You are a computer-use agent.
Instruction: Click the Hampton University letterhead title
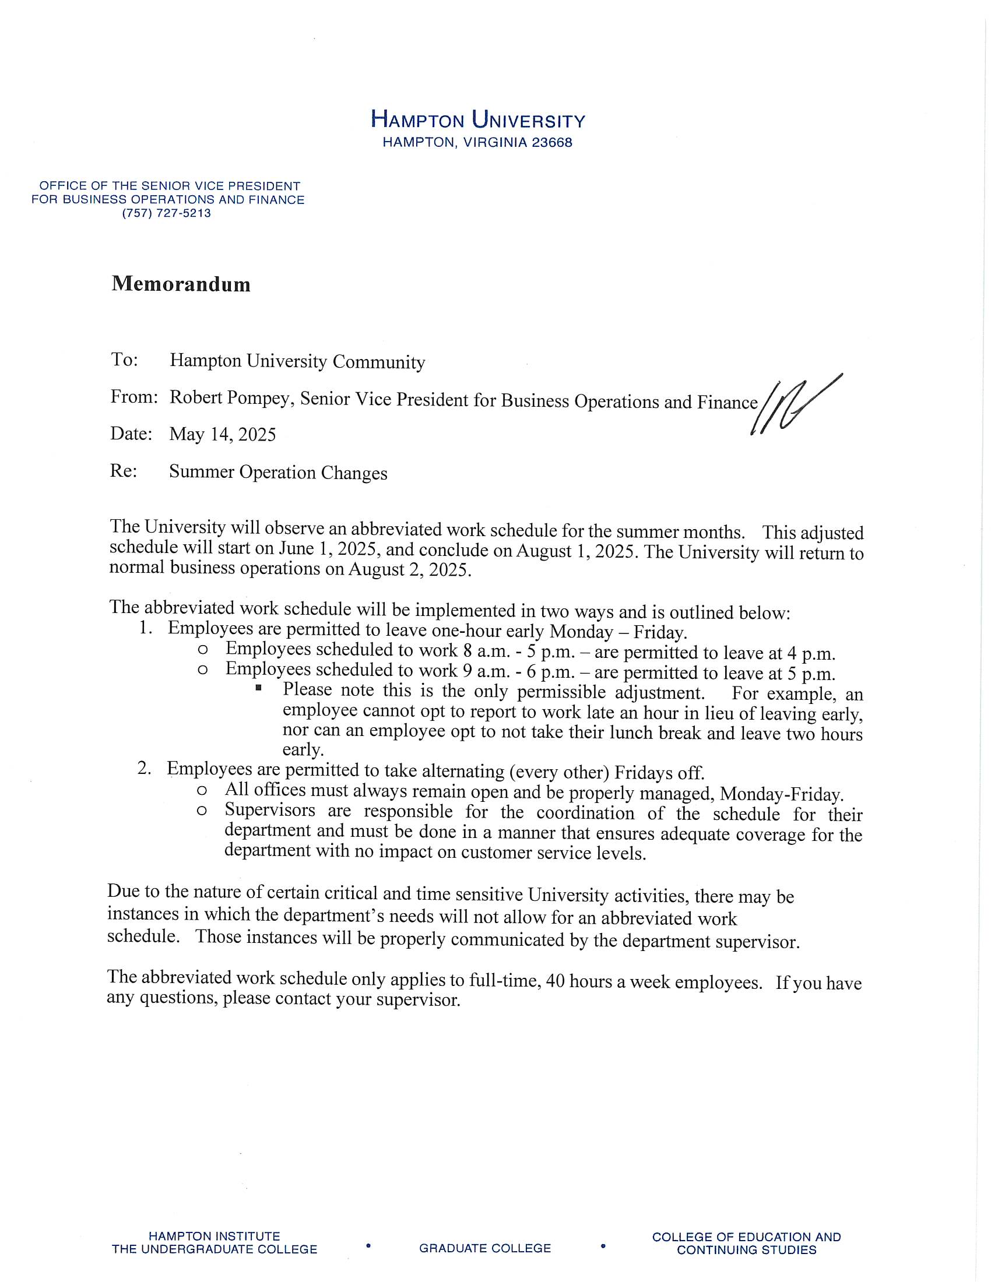[x=478, y=121]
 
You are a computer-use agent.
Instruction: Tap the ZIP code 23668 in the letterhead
[x=552, y=143]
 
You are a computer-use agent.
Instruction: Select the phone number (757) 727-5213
[x=167, y=213]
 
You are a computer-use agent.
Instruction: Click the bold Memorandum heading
[x=181, y=284]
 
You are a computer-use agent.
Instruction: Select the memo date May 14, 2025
[x=223, y=434]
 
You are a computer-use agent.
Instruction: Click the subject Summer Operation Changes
[x=278, y=472]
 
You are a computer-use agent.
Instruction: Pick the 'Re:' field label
[x=123, y=471]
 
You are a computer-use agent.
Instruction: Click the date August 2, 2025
[x=409, y=570]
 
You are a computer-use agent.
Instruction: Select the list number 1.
[x=146, y=628]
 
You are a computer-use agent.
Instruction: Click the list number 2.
[x=145, y=769]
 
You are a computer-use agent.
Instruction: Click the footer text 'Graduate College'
[x=485, y=1249]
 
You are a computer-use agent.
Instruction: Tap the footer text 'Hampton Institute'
[x=215, y=1236]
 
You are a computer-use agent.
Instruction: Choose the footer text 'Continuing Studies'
[x=746, y=1250]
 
